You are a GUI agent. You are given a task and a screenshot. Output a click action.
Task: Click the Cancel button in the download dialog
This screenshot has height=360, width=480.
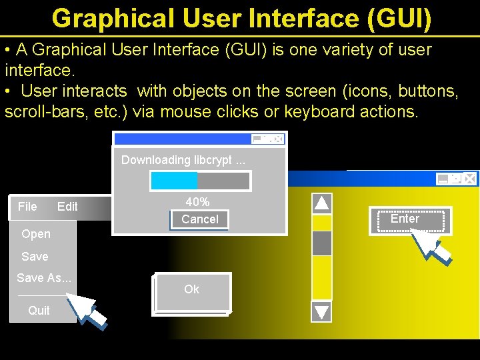pyautogui.click(x=199, y=219)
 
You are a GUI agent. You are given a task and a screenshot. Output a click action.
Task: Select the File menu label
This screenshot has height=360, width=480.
pyautogui.click(x=27, y=207)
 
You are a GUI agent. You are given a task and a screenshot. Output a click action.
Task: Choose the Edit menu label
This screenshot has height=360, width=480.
pyautogui.click(x=67, y=207)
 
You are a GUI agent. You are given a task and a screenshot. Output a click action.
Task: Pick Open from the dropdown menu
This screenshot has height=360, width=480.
pyautogui.click(x=36, y=234)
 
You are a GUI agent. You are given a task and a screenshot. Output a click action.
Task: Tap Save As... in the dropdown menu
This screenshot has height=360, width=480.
pyautogui.click(x=44, y=278)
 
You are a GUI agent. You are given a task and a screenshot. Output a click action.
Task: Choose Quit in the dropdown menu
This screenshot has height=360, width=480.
pyautogui.click(x=39, y=310)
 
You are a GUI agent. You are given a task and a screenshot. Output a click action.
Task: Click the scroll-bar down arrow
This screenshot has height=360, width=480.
pyautogui.click(x=322, y=311)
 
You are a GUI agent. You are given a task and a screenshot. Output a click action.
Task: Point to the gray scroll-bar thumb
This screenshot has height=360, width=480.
pyautogui.click(x=322, y=243)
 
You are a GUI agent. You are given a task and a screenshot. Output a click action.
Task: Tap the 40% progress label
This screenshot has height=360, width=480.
pyautogui.click(x=197, y=202)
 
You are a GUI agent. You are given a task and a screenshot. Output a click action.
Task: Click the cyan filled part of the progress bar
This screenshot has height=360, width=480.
pyautogui.click(x=174, y=181)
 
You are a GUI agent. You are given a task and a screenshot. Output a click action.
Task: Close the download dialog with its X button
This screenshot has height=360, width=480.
pyautogui.click(x=278, y=139)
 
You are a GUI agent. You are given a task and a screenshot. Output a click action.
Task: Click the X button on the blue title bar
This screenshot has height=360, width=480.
pyautogui.click(x=469, y=179)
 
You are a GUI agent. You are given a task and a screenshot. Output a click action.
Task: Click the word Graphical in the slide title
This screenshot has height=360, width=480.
pyautogui.click(x=118, y=19)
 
